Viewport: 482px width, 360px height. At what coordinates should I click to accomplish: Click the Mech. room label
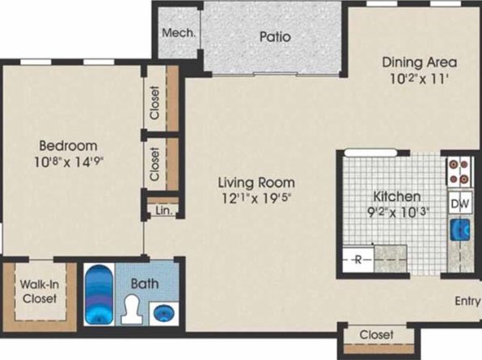tap(179, 33)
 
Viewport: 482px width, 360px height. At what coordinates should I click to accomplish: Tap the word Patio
tap(275, 37)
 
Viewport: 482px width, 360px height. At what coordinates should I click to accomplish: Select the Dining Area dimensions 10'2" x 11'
tap(418, 79)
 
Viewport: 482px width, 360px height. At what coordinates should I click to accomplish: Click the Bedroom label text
tap(68, 145)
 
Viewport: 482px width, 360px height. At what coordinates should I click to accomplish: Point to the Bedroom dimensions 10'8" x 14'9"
tap(68, 161)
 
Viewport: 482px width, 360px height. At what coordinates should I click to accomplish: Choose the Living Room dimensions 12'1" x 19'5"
tap(256, 199)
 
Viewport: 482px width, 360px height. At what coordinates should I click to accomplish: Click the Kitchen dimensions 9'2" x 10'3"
tap(398, 211)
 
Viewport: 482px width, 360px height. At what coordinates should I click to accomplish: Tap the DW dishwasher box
tap(460, 203)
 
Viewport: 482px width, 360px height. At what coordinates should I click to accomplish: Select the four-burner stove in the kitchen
tap(459, 172)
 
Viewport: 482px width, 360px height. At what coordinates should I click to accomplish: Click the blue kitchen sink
tap(460, 229)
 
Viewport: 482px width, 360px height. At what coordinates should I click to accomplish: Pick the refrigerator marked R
tap(358, 260)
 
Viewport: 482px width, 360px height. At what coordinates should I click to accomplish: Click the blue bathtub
tap(99, 295)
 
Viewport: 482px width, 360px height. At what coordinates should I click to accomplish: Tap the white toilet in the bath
tap(132, 309)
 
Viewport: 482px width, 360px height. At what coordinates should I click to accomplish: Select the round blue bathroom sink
tap(163, 314)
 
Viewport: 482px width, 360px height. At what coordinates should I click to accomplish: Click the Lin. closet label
tap(164, 211)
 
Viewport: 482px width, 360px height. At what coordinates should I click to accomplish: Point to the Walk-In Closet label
tap(40, 291)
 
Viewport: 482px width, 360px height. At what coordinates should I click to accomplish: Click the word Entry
tap(467, 301)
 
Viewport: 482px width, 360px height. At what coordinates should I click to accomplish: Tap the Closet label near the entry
tap(376, 334)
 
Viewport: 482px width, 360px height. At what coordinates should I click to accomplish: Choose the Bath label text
tap(145, 283)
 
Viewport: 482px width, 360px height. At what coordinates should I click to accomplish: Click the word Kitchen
tap(396, 196)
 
